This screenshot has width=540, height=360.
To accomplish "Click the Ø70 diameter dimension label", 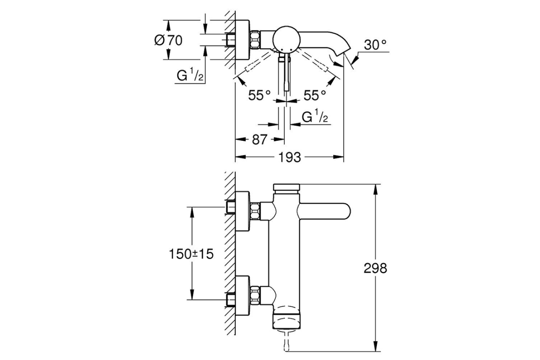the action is [168, 40].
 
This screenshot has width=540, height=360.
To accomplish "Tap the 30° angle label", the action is [375, 44].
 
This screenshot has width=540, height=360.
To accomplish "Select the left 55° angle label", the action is [260, 95].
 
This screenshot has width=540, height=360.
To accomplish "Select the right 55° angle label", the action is [315, 95].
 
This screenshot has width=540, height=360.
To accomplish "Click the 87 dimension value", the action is [259, 140].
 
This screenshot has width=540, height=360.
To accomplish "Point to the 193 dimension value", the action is [289, 157].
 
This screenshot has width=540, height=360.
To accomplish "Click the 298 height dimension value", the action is [375, 268].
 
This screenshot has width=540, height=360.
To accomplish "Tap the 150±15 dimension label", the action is [191, 254].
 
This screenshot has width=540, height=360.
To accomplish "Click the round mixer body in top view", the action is [286, 39].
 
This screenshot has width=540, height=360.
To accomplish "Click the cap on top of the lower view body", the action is [286, 187].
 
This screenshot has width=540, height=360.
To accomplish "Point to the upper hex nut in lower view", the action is [255, 211].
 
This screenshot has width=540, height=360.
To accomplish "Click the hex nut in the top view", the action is [255, 39].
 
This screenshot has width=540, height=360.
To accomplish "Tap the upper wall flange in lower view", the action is [242, 211].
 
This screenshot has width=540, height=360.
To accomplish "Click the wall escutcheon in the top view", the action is [242, 39].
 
